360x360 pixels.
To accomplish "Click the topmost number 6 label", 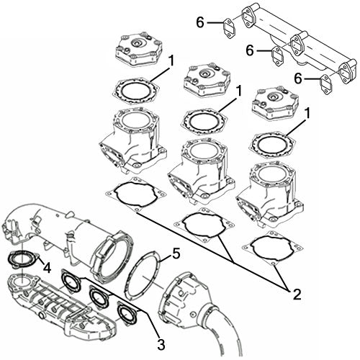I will [202, 23].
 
